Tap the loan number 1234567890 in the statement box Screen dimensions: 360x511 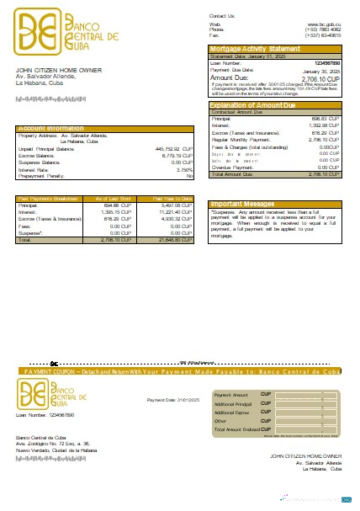327,63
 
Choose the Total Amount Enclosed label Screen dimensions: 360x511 237,429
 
